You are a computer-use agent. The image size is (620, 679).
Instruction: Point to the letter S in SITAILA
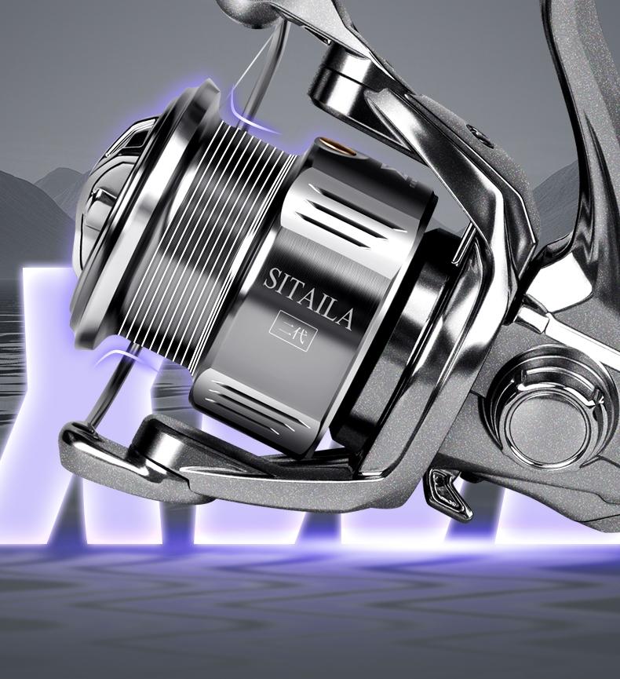pyautogui.click(x=269, y=279)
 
